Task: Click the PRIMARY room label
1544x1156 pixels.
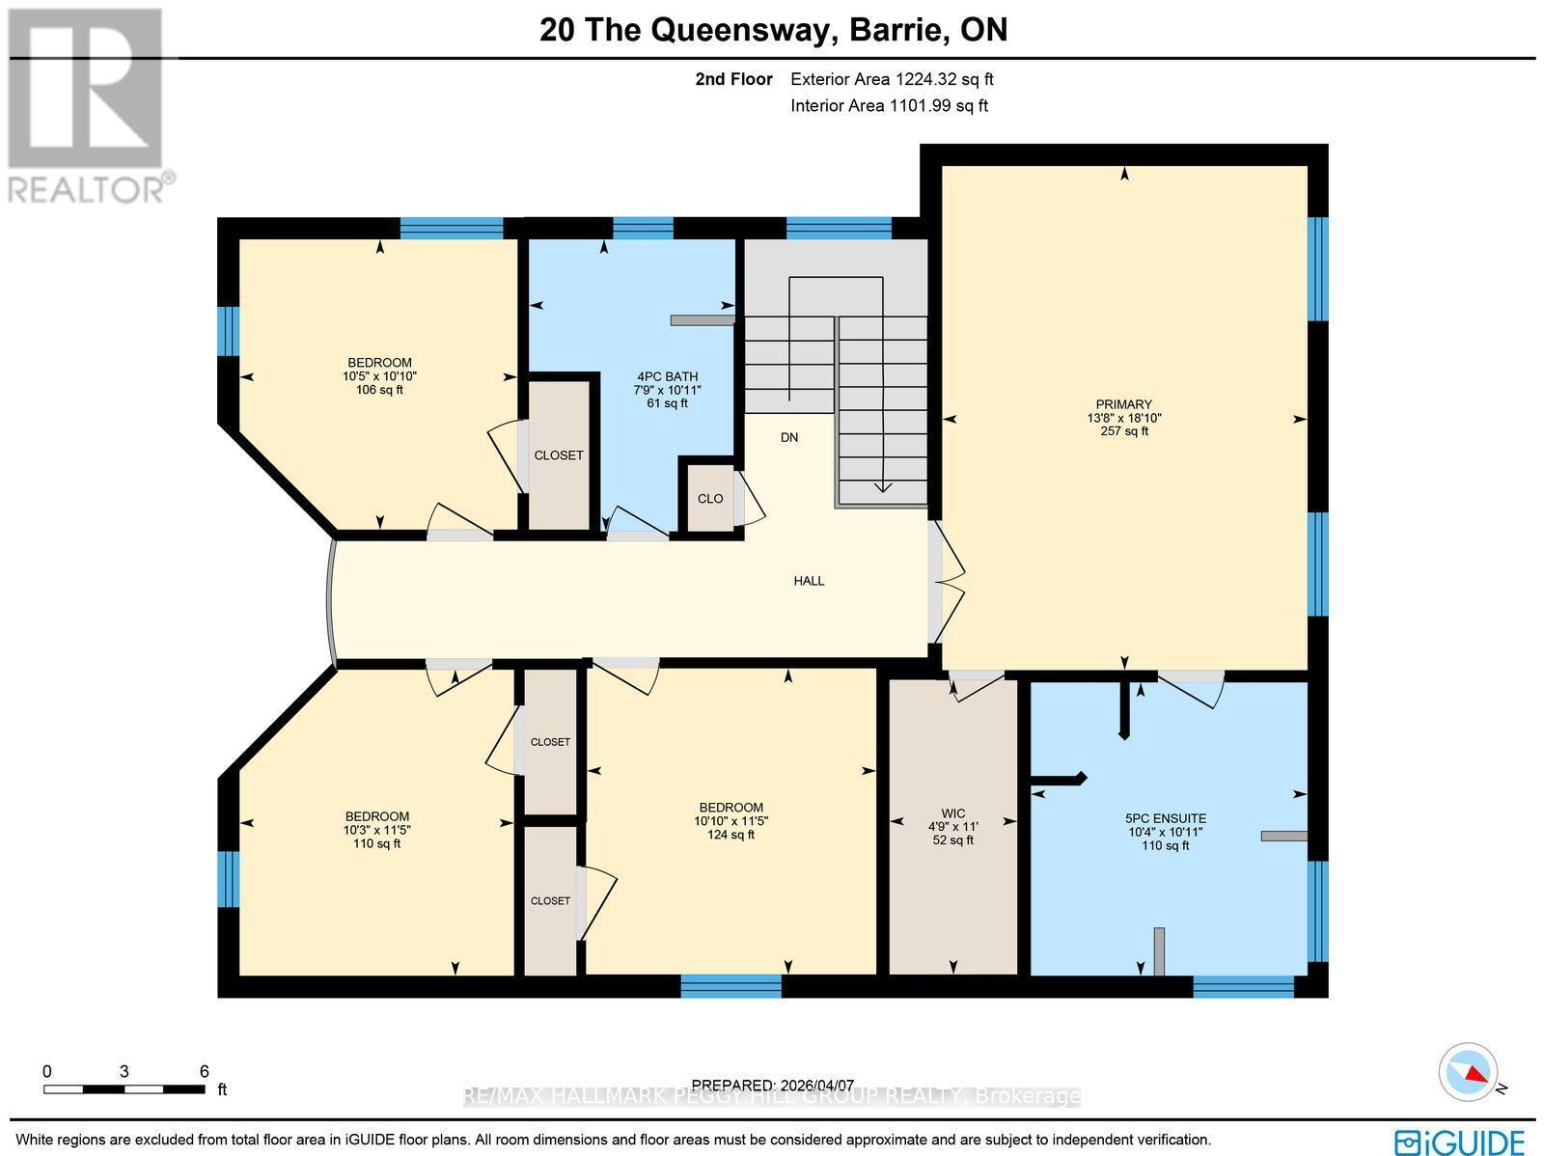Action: point(1123,405)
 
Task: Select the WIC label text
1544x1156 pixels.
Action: point(952,813)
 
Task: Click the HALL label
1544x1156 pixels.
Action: point(809,581)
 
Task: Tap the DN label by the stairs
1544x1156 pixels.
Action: point(789,437)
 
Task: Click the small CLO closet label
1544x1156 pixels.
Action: point(710,499)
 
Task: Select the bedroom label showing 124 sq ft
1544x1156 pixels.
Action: point(731,808)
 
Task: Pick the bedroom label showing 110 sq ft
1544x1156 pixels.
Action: point(377,816)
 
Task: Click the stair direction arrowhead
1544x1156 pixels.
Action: point(882,486)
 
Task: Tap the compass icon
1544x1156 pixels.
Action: point(1469,1072)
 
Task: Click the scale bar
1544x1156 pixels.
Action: point(124,1089)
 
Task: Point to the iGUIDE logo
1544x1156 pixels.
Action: point(1463,1140)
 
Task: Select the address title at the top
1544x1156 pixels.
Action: point(773,30)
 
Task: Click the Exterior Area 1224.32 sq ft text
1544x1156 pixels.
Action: point(892,80)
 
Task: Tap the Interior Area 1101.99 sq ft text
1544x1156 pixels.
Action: point(889,106)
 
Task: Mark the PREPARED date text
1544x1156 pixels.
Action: point(774,1086)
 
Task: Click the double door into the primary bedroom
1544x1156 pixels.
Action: point(940,582)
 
